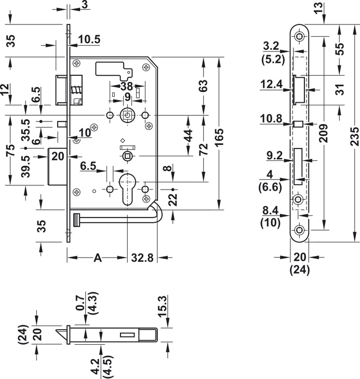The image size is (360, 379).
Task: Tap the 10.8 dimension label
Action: click(272, 118)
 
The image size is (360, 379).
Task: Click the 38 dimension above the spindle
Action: click(127, 87)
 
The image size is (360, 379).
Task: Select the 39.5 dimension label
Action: click(24, 165)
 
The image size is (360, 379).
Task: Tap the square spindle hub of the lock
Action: click(127, 115)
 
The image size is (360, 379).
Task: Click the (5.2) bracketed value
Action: click(272, 59)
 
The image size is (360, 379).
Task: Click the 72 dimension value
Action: click(204, 150)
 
